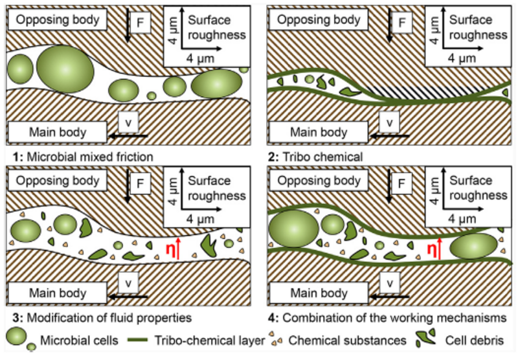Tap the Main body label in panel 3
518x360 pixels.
[58, 293]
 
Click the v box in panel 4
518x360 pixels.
[389, 282]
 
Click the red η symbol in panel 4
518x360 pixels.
[430, 248]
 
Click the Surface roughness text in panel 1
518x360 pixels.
[217, 27]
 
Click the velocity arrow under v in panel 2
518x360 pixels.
[388, 135]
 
